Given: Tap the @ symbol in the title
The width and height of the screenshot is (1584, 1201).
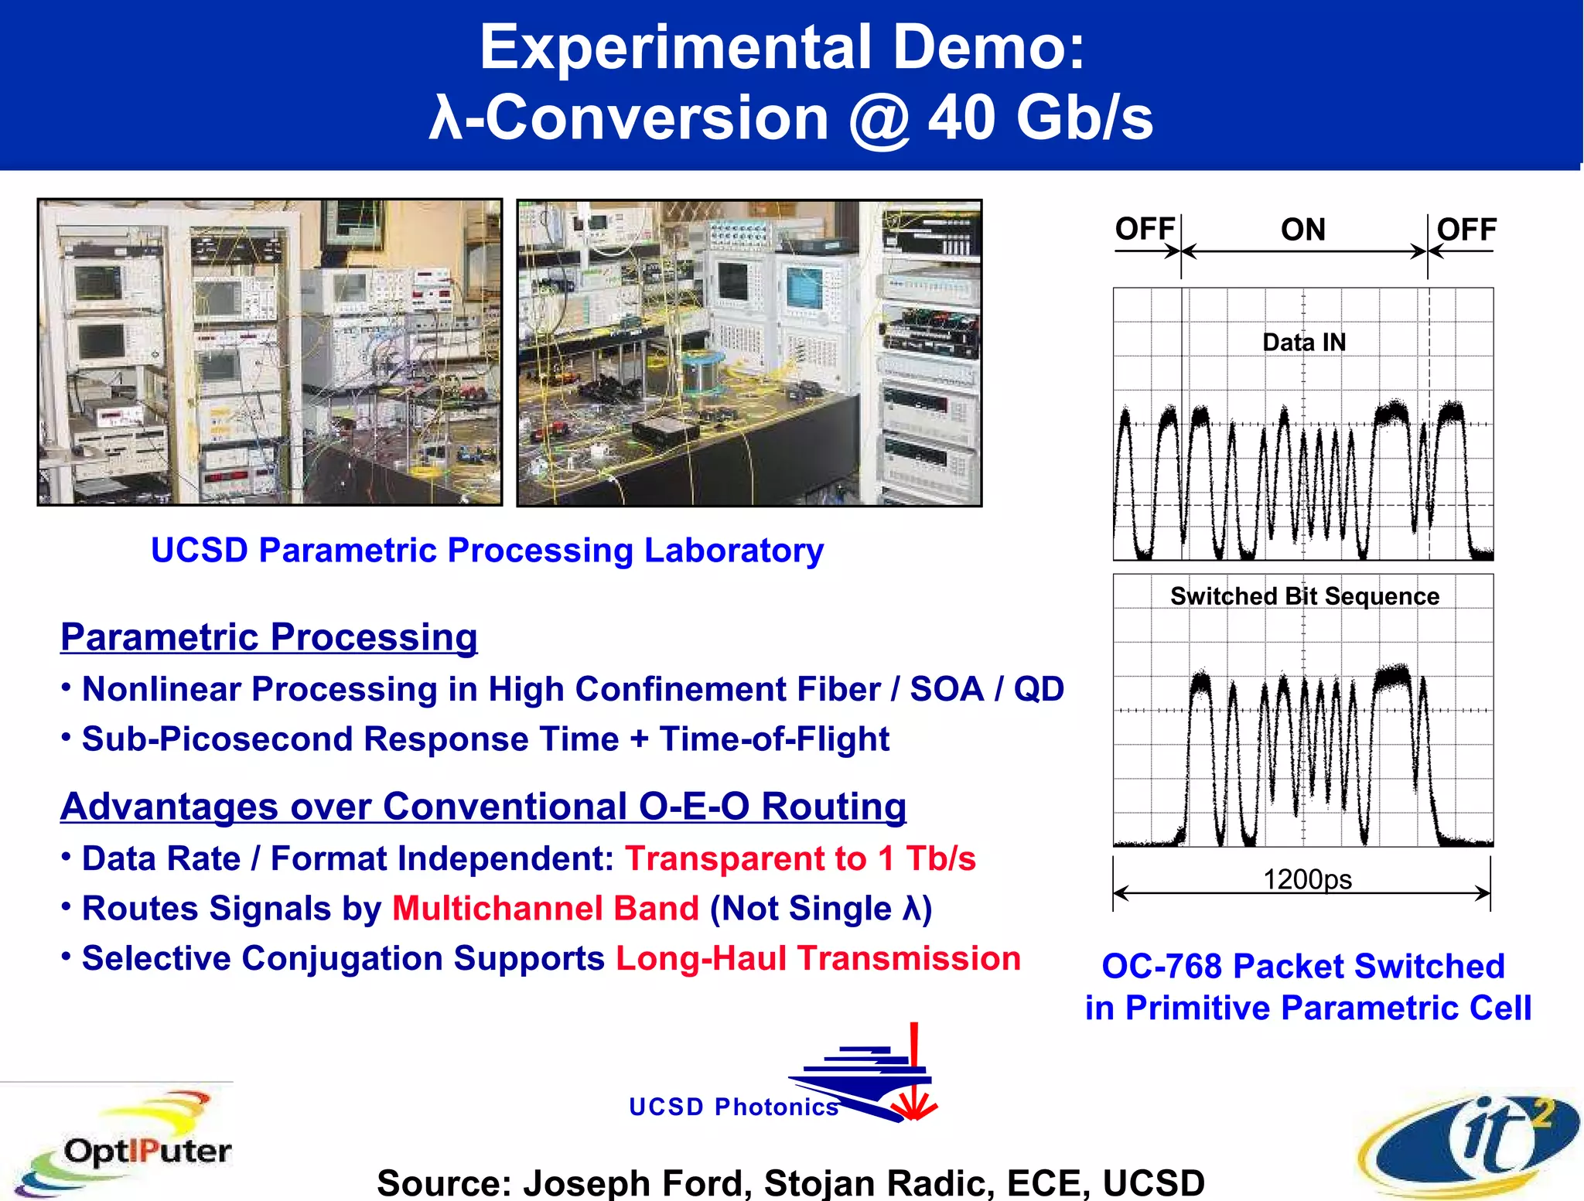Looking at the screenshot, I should tap(879, 119).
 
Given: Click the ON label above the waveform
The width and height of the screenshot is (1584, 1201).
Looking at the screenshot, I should tap(1302, 230).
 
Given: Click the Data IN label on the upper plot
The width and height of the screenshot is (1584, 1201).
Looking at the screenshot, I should tap(1304, 342).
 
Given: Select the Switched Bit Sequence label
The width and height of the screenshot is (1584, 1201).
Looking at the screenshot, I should tap(1304, 596).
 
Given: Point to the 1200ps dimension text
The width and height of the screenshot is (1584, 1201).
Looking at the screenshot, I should tap(1307, 879).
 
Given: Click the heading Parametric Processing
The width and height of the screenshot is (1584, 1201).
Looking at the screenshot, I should tap(268, 637).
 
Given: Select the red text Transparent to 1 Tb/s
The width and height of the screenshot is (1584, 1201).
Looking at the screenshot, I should tap(800, 858).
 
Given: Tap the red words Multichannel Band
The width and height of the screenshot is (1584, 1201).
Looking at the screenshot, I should tap(545, 909).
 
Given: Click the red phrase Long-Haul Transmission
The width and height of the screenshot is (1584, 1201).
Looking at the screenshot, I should tap(818, 958).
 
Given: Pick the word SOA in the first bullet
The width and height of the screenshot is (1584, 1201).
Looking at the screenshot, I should tap(947, 689).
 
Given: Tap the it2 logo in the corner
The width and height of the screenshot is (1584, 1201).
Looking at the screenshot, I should tap(1470, 1145).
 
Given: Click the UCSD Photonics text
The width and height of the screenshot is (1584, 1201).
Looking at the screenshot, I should tap(733, 1107).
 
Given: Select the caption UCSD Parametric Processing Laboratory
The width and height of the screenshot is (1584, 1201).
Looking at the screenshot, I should tap(487, 551).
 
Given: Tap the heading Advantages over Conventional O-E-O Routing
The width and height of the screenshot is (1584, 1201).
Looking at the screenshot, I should tap(483, 807).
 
